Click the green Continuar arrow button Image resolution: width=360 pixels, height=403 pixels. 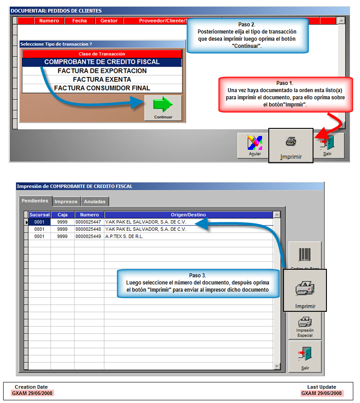click(163, 108)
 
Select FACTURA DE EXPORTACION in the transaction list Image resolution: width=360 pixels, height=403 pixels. click(102, 71)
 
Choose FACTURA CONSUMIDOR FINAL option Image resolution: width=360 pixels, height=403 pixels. click(102, 88)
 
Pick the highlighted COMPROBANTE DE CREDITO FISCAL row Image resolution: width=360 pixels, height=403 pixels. click(102, 62)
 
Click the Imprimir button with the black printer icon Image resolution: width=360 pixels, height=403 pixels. click(291, 145)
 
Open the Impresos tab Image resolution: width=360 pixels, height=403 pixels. click(66, 201)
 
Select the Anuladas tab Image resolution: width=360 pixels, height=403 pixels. click(95, 201)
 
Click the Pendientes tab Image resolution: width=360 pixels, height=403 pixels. click(35, 201)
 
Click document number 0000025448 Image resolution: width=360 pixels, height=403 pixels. click(88, 229)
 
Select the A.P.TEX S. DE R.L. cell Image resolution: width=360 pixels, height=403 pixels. click(124, 237)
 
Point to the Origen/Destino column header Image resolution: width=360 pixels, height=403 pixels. click(188, 215)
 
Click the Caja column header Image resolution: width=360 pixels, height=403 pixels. click(63, 215)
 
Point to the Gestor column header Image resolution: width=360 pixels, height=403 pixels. click(109, 21)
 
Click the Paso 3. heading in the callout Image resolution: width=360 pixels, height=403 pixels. click(198, 275)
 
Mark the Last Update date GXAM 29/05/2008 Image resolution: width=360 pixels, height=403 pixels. click(322, 393)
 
